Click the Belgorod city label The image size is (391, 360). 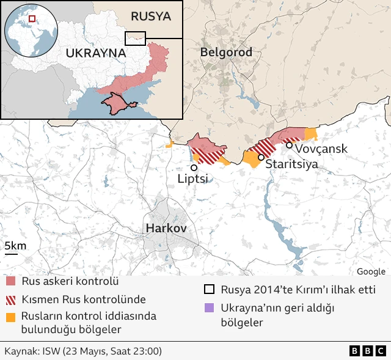(x=226, y=53)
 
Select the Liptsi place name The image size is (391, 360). (x=193, y=178)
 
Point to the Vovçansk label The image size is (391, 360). (x=321, y=149)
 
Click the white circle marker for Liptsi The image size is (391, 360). (x=194, y=167)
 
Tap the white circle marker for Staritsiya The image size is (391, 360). (x=261, y=158)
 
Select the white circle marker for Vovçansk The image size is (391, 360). (x=289, y=145)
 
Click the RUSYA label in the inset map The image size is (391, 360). (x=151, y=16)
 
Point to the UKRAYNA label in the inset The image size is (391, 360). (x=95, y=53)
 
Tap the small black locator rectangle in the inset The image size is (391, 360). (x=135, y=38)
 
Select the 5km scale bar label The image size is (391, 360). (x=15, y=246)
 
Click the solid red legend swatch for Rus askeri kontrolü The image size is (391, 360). (x=11, y=282)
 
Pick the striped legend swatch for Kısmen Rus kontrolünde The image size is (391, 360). (x=11, y=299)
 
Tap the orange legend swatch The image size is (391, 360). (x=11, y=317)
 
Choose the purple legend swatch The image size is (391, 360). (x=210, y=308)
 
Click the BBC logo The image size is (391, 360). (x=367, y=351)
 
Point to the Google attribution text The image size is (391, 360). (x=371, y=271)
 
